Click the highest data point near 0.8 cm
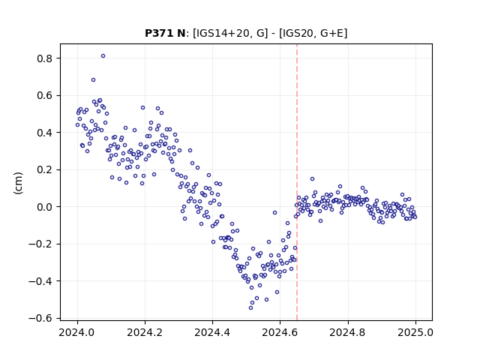[103, 56]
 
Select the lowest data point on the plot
[250, 307]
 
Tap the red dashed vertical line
[297, 182]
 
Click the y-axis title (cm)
[18, 183]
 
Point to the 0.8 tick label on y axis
[45, 58]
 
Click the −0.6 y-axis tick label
[40, 318]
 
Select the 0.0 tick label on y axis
[45, 207]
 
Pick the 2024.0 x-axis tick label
[77, 332]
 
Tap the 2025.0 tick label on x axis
[415, 332]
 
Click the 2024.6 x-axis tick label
[280, 332]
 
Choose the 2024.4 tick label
[212, 332]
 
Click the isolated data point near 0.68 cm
[93, 80]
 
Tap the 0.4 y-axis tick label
[45, 133]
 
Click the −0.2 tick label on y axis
[40, 244]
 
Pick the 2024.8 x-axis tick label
[348, 332]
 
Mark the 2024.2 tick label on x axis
[145, 332]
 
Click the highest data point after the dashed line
[312, 178]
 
